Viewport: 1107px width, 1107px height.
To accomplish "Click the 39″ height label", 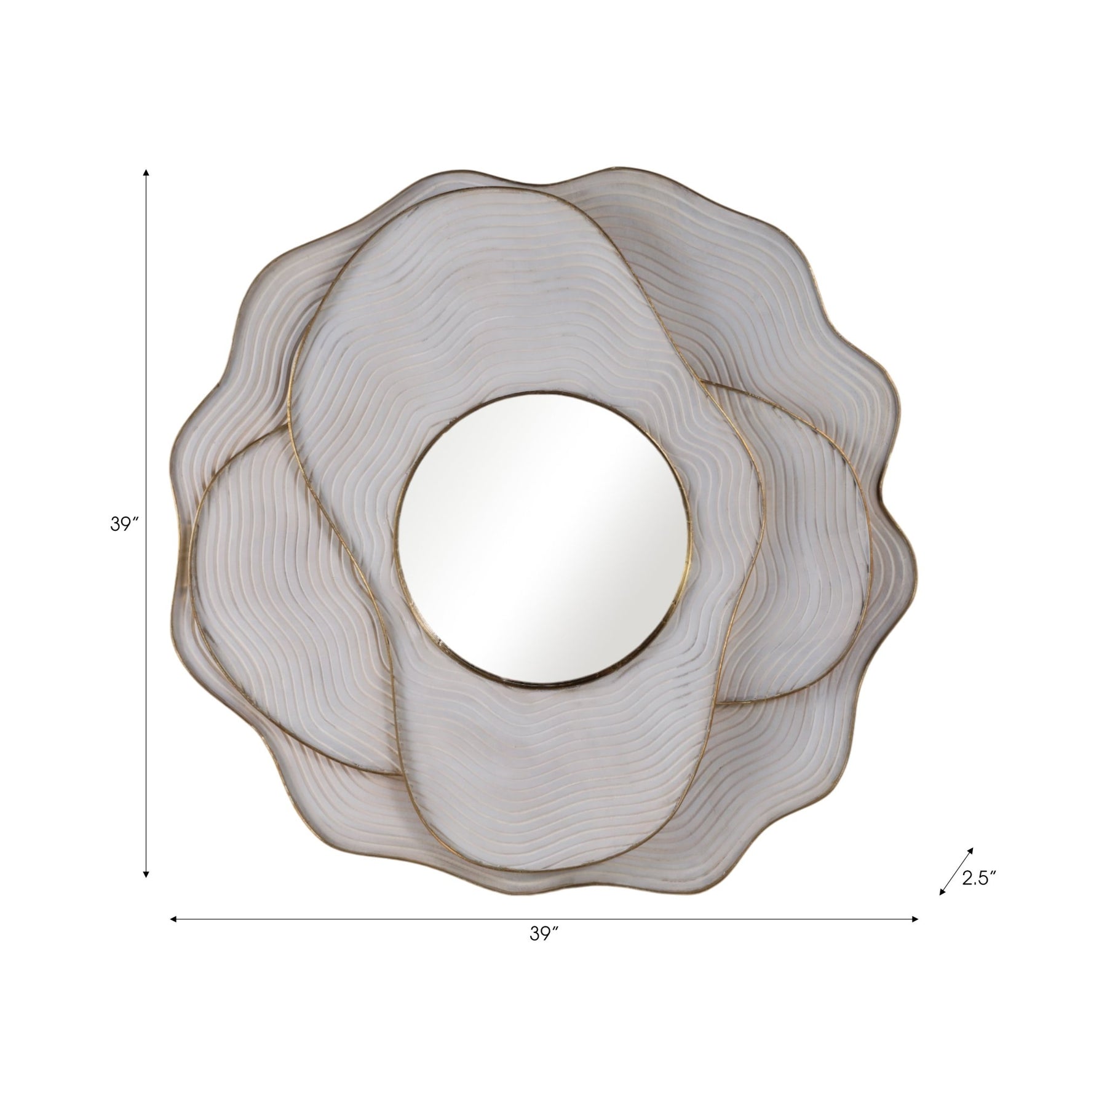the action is [124, 525].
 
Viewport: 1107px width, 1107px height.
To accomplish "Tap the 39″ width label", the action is [544, 951].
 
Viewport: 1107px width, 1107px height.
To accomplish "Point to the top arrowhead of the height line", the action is [146, 173].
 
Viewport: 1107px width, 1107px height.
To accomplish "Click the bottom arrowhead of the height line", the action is [146, 873].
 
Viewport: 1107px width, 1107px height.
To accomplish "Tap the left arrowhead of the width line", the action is [174, 919].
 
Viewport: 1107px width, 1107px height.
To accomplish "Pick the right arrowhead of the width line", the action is [914, 919].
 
